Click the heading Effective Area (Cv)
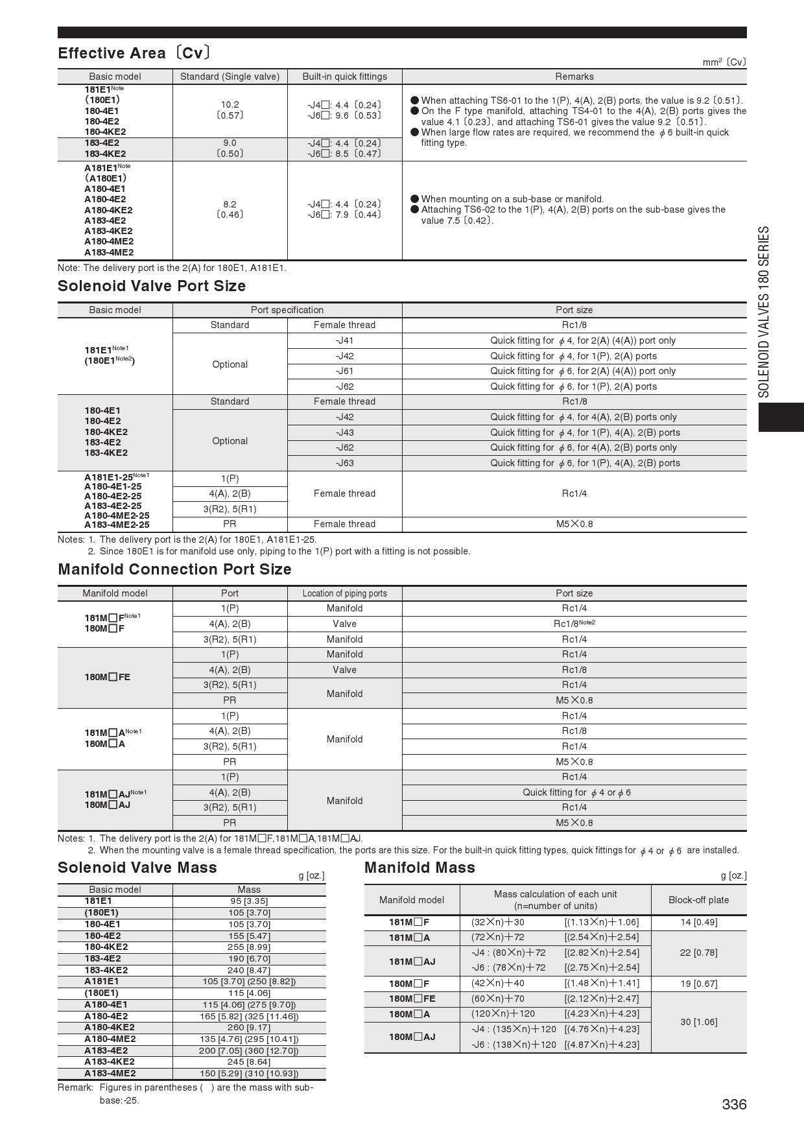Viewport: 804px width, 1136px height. (134, 53)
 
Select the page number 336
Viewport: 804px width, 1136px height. (734, 1104)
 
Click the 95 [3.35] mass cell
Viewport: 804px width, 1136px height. (249, 901)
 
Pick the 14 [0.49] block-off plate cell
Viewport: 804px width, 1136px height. (698, 922)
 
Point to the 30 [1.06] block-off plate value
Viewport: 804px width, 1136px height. (698, 1022)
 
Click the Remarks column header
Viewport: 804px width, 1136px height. (574, 77)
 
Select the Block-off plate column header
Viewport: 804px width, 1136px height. (698, 900)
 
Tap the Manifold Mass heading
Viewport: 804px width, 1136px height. (420, 868)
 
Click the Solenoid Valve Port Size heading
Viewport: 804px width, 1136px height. (152, 286)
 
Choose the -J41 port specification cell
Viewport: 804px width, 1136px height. (344, 340)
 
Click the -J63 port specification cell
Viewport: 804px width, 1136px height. (344, 463)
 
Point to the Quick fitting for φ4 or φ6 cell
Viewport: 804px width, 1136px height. (574, 792)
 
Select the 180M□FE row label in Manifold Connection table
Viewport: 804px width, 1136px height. (108, 677)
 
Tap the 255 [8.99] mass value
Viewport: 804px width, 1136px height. (249, 947)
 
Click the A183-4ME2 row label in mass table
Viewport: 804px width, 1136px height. (110, 1073)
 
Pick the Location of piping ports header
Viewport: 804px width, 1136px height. (344, 593)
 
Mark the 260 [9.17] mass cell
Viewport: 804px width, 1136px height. (249, 1027)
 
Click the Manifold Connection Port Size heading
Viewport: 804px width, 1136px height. (174, 569)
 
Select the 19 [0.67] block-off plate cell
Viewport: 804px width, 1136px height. (698, 984)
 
